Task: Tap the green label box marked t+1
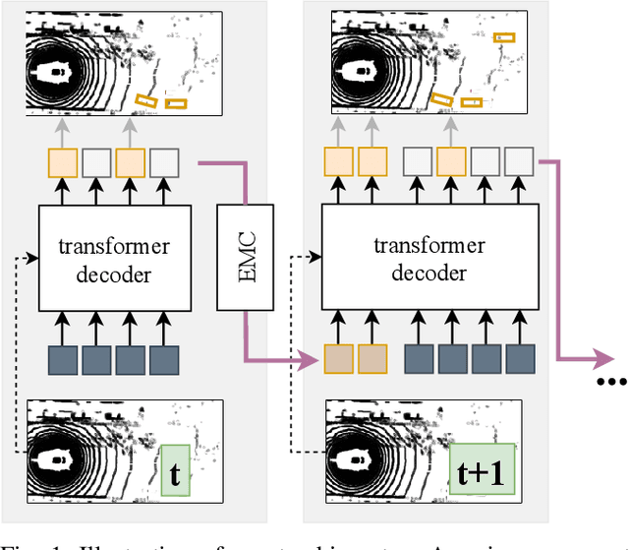pyautogui.click(x=482, y=471)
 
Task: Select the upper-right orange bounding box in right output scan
pyautogui.click(x=504, y=38)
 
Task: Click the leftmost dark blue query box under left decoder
pyautogui.click(x=63, y=359)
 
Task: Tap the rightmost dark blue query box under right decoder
pyautogui.click(x=518, y=359)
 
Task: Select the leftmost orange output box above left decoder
pyautogui.click(x=63, y=161)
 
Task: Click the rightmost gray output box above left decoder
pyautogui.click(x=164, y=161)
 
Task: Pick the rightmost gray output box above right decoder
pyautogui.click(x=518, y=161)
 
